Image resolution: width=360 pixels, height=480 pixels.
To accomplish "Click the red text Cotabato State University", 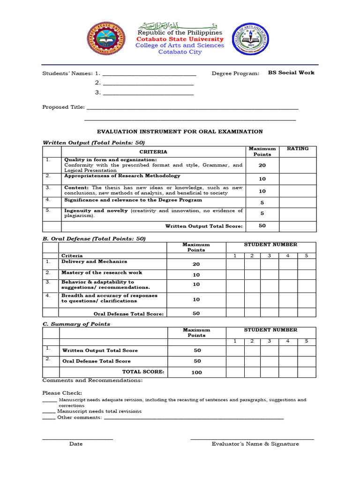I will (180, 39).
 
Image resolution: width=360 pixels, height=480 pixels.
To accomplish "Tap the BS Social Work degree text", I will (291, 73).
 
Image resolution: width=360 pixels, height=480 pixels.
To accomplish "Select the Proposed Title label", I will (63, 107).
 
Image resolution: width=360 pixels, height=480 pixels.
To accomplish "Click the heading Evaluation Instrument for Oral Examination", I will (180, 132).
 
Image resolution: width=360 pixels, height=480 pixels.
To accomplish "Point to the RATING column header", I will (298, 149).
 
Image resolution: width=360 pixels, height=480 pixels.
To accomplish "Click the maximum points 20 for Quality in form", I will (262, 165).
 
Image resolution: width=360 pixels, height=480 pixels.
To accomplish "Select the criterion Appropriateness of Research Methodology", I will (122, 176).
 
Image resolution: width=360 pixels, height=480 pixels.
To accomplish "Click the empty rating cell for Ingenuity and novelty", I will (298, 213).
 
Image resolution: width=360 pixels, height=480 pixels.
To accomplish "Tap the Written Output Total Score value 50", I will (262, 226).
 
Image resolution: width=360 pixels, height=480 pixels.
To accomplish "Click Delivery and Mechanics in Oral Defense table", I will (94, 262).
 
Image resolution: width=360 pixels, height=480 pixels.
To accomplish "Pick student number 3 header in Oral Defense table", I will (269, 255).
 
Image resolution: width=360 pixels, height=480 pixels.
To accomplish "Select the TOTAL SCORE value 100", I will (196, 372).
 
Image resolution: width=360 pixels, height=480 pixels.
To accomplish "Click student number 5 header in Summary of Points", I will (306, 341).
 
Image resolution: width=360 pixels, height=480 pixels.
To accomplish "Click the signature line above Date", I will (77, 439).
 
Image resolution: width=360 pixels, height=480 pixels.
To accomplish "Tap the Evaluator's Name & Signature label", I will (255, 444).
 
